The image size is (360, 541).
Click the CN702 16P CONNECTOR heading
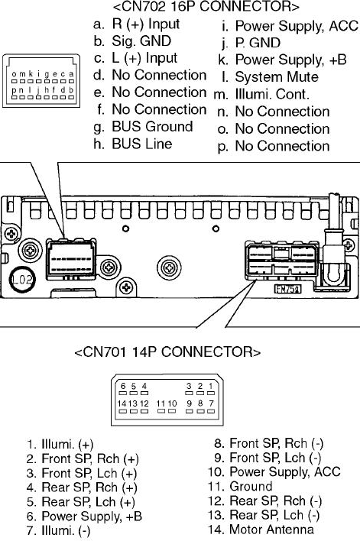pos(206,7)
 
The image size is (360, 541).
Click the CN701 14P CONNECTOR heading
pos(167,352)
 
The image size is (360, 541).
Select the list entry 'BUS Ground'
pos(143,127)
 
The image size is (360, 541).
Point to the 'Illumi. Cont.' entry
pos(261,94)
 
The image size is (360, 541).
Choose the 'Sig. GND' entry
pos(132,41)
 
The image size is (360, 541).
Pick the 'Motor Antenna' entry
pos(261,530)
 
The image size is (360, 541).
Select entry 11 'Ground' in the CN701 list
pos(240,486)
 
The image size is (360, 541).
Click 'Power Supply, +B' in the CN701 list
pos(84,516)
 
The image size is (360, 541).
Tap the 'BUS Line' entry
pos(132,144)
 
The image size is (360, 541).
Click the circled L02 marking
pos(22,279)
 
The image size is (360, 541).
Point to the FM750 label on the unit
pos(287,289)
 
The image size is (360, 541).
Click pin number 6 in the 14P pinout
pos(123,386)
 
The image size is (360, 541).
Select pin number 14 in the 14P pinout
pos(122,403)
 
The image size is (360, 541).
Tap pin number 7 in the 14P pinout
pos(212,403)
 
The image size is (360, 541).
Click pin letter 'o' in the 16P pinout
pos(14,74)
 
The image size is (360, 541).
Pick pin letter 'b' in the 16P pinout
pos(71,90)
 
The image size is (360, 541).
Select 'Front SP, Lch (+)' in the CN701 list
pos(82,473)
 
